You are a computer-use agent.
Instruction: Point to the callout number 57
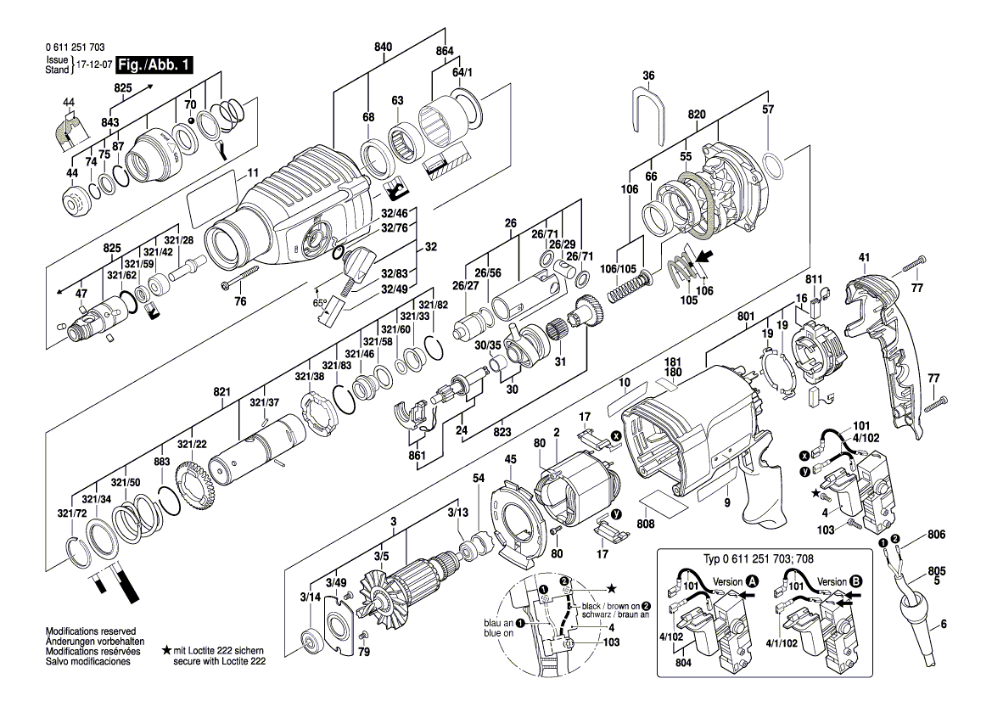[x=767, y=109]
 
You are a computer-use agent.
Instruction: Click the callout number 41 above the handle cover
[x=864, y=257]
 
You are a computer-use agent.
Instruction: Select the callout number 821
[x=222, y=392]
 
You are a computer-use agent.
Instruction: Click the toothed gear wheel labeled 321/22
[x=197, y=485]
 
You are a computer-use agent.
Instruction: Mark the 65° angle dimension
[x=320, y=303]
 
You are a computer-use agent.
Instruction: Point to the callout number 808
[x=645, y=524]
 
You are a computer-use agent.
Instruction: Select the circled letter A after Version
[x=752, y=581]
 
